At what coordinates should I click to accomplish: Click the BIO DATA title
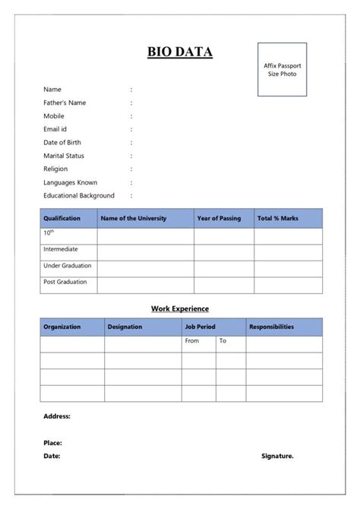pyautogui.click(x=180, y=52)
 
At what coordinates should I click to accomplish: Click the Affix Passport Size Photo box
pyautogui.click(x=282, y=69)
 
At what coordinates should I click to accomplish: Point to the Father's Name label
pyautogui.click(x=65, y=103)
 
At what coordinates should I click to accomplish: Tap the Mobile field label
pyautogui.click(x=54, y=116)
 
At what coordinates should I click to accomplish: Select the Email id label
pyautogui.click(x=55, y=129)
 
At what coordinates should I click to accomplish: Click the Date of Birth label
pyautogui.click(x=62, y=142)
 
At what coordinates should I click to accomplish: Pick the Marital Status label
pyautogui.click(x=64, y=156)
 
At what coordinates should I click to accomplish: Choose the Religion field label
pyautogui.click(x=55, y=169)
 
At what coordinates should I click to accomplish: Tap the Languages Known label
pyautogui.click(x=70, y=182)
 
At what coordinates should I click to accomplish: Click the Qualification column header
pyautogui.click(x=62, y=218)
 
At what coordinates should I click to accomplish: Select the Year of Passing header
pyautogui.click(x=219, y=218)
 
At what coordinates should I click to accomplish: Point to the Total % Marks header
pyautogui.click(x=278, y=218)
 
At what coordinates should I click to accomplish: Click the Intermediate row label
pyautogui.click(x=61, y=249)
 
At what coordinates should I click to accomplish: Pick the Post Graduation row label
pyautogui.click(x=65, y=282)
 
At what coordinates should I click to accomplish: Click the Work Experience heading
pyautogui.click(x=180, y=308)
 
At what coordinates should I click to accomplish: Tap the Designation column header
pyautogui.click(x=125, y=327)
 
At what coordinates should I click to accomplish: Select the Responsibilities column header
pyautogui.click(x=271, y=327)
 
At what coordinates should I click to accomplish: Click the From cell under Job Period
pyautogui.click(x=192, y=341)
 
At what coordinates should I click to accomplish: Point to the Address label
pyautogui.click(x=57, y=416)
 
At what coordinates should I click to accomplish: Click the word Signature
pyautogui.click(x=277, y=456)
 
